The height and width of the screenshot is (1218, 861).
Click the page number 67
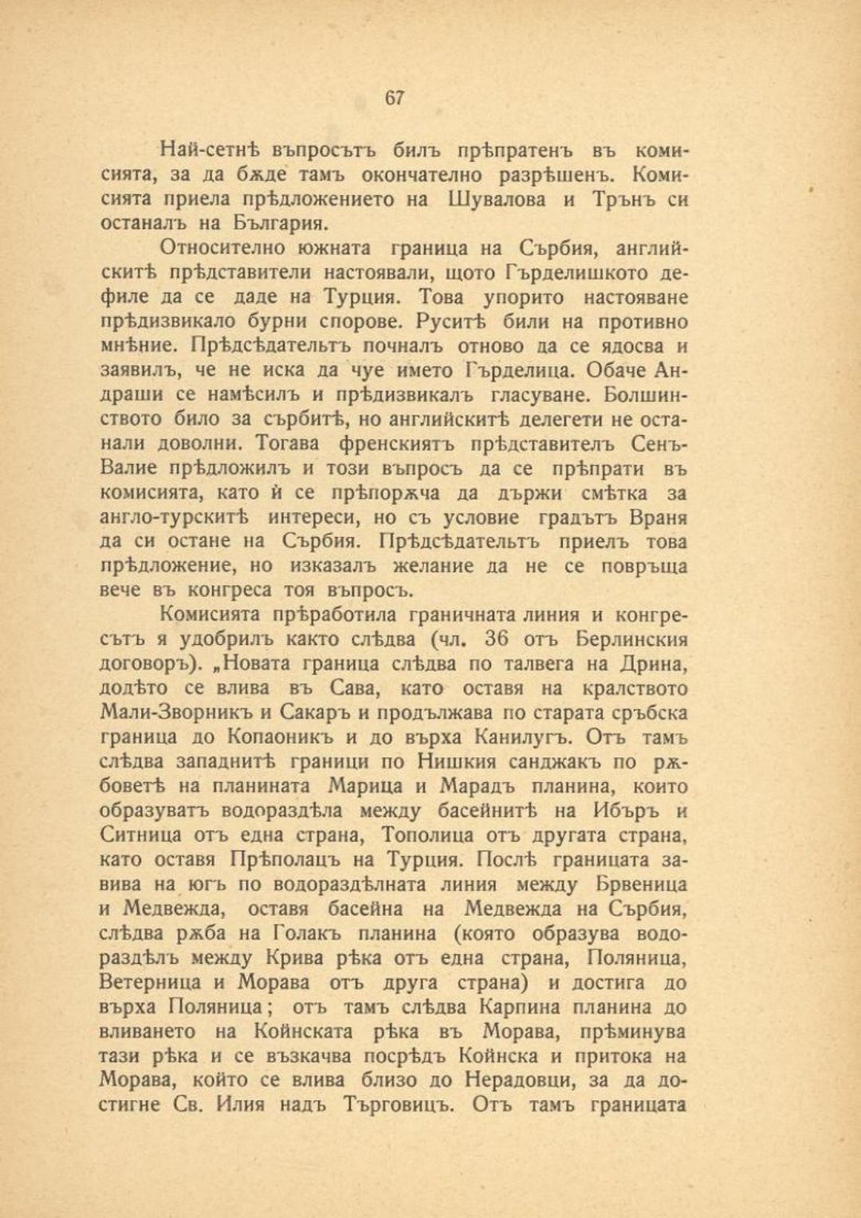(395, 98)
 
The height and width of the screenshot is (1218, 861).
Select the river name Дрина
(655, 664)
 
